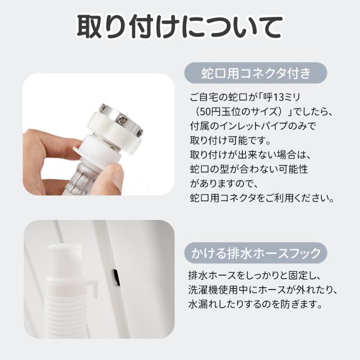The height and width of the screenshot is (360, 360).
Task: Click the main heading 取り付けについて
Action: coord(179,27)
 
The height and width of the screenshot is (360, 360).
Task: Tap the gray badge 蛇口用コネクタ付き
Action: coord(256,73)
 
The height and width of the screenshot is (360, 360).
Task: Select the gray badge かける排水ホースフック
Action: coord(256,253)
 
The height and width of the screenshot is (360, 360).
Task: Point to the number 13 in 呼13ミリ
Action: coord(279,98)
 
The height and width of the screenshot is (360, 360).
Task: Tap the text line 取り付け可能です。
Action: coord(230,140)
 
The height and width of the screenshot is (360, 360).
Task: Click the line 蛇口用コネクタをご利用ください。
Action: coord(262,198)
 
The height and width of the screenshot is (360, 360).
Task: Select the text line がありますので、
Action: coord(221,183)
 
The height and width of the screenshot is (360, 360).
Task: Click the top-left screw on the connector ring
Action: coord(102,107)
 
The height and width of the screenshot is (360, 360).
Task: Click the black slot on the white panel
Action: coord(116,277)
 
